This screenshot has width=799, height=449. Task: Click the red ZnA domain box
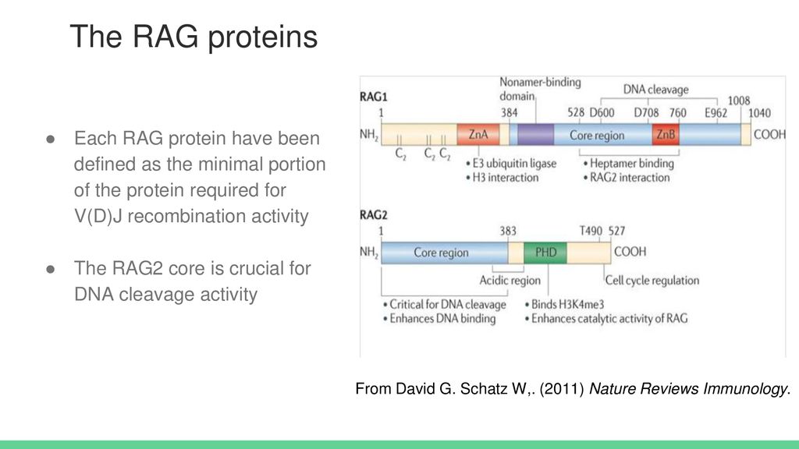pyautogui.click(x=478, y=134)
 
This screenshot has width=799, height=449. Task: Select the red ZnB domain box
pyautogui.click(x=666, y=134)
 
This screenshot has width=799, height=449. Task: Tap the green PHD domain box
pyautogui.click(x=545, y=253)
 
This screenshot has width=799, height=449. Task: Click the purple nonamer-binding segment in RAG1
pyautogui.click(x=535, y=134)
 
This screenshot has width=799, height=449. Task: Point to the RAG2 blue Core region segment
pyautogui.click(x=444, y=253)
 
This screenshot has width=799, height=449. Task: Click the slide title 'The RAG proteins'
pyautogui.click(x=194, y=37)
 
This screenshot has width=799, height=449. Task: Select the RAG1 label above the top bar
pyautogui.click(x=374, y=97)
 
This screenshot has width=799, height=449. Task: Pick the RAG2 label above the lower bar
pyautogui.click(x=374, y=215)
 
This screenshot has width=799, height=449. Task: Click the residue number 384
pyautogui.click(x=509, y=112)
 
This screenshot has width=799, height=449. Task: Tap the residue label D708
pyautogui.click(x=646, y=112)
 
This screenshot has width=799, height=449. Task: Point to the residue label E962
pyautogui.click(x=716, y=112)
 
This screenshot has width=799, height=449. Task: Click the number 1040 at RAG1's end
pyautogui.click(x=759, y=112)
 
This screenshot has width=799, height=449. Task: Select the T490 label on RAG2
pyautogui.click(x=591, y=231)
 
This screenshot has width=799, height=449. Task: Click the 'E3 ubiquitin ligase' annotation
pyautogui.click(x=514, y=164)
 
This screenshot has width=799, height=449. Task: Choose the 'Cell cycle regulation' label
pyautogui.click(x=652, y=281)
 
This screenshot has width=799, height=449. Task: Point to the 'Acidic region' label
pyautogui.click(x=510, y=281)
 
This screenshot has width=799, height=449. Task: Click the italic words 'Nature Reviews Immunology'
pyautogui.click(x=688, y=389)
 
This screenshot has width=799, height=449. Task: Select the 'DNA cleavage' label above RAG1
pyautogui.click(x=655, y=90)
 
